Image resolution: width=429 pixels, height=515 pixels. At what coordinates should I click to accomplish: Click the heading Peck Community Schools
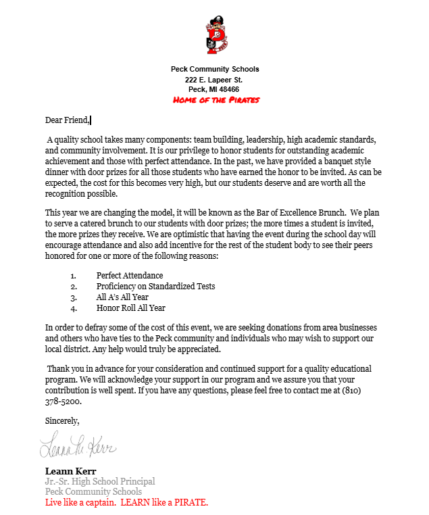(215, 69)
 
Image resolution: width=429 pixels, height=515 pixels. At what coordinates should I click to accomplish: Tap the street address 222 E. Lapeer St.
(215, 79)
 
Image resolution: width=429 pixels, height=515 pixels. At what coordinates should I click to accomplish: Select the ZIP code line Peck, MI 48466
(215, 89)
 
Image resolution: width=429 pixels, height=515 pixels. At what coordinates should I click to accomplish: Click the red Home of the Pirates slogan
(216, 99)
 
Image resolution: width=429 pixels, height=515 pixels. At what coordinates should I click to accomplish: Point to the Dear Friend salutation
(67, 120)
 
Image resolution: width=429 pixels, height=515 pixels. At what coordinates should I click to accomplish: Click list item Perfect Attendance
(130, 275)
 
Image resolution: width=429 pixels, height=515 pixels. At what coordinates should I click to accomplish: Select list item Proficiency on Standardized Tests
(155, 286)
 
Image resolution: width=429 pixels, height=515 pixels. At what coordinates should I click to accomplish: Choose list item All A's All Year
(122, 297)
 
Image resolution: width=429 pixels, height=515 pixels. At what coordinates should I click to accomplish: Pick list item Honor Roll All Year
(130, 308)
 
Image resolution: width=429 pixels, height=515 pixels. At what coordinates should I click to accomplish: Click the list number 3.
(73, 297)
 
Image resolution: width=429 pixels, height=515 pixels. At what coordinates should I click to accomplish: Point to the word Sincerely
(62, 420)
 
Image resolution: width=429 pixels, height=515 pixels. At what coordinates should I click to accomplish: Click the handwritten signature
(78, 447)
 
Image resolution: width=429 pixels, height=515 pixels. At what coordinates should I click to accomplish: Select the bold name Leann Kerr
(71, 471)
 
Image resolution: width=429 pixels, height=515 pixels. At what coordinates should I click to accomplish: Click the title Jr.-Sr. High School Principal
(100, 481)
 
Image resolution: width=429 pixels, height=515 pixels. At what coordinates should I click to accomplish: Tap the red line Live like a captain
(126, 503)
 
